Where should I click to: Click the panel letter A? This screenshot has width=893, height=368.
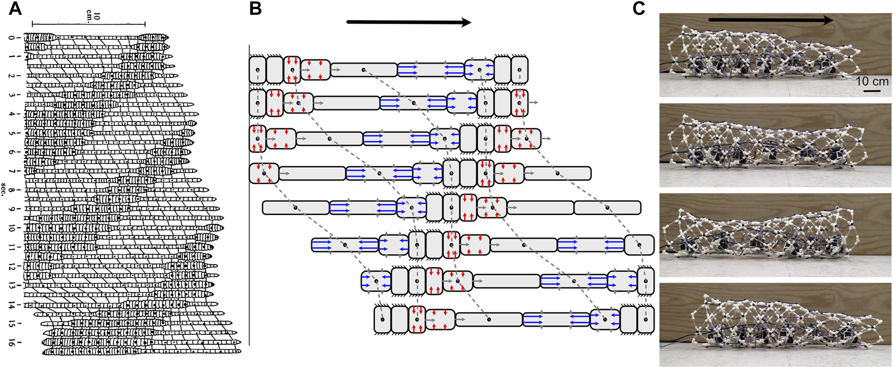point(16,9)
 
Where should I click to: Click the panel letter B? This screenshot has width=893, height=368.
point(256,9)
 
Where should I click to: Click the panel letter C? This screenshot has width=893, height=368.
point(639,9)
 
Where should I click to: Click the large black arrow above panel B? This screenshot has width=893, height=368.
point(408,22)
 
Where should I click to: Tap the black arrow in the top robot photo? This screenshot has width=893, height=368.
point(771,20)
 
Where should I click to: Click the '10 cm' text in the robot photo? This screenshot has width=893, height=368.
point(872,81)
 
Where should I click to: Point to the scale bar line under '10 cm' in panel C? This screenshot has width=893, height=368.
point(872,91)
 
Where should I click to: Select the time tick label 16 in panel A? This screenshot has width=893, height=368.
point(12,343)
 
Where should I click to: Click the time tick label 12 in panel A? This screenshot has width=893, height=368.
point(12,267)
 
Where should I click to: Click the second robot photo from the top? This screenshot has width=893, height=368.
point(775,145)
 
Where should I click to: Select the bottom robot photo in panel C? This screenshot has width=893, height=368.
point(775,324)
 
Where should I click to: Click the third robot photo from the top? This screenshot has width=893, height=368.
point(775,234)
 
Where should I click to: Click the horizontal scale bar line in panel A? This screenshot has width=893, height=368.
point(89,24)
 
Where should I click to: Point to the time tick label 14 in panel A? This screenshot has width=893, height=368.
point(12,305)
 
